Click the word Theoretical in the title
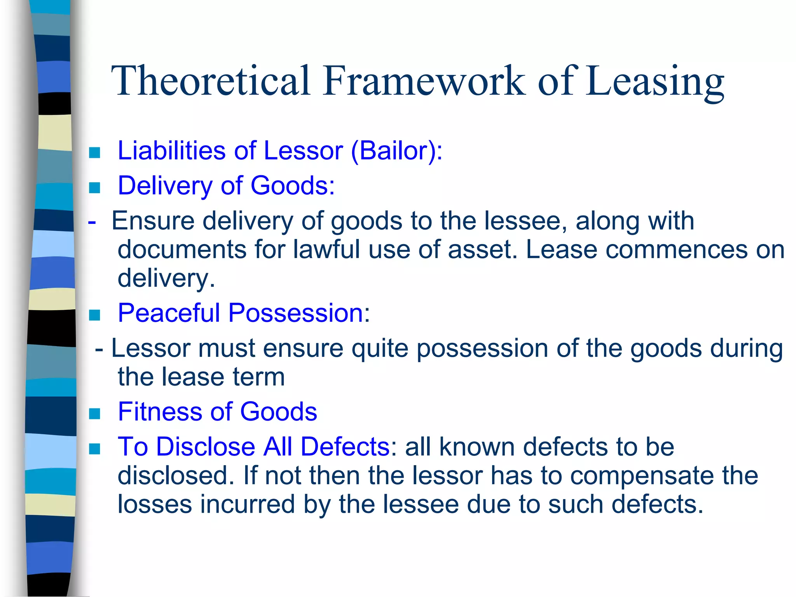(210, 81)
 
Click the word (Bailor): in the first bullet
(396, 150)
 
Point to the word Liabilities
(171, 150)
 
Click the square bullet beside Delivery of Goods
(94, 188)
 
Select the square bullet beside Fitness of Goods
(94, 414)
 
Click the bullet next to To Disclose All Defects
(94, 449)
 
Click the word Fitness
(159, 412)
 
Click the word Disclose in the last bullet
(206, 447)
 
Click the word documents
(182, 250)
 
